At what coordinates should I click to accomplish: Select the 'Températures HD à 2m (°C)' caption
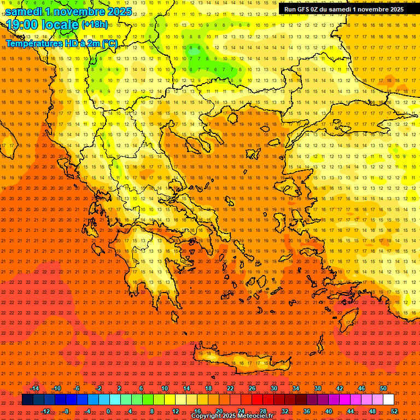coord(62,43)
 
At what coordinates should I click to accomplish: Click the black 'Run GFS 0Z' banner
coord(344,9)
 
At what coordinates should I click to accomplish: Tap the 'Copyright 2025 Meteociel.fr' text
coord(232,416)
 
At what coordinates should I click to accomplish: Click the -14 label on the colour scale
coord(35,388)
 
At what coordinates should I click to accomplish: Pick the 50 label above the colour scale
coord(383,388)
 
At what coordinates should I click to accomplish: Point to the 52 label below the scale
coord(394,411)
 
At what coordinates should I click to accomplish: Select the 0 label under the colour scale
coord(109,411)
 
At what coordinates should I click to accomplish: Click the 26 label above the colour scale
coord(252,388)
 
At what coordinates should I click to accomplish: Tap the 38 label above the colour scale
coord(318,388)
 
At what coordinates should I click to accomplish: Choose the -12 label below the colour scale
coord(45,411)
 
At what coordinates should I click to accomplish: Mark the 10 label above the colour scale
coord(165,388)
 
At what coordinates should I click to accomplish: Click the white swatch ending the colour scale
coord(389,400)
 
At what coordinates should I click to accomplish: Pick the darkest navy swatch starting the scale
coord(27,400)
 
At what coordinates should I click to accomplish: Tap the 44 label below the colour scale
coord(351,411)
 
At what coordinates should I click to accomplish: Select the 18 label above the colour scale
coord(208,388)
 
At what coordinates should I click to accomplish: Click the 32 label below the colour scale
coord(285,411)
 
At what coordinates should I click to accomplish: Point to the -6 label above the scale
coord(77,388)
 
